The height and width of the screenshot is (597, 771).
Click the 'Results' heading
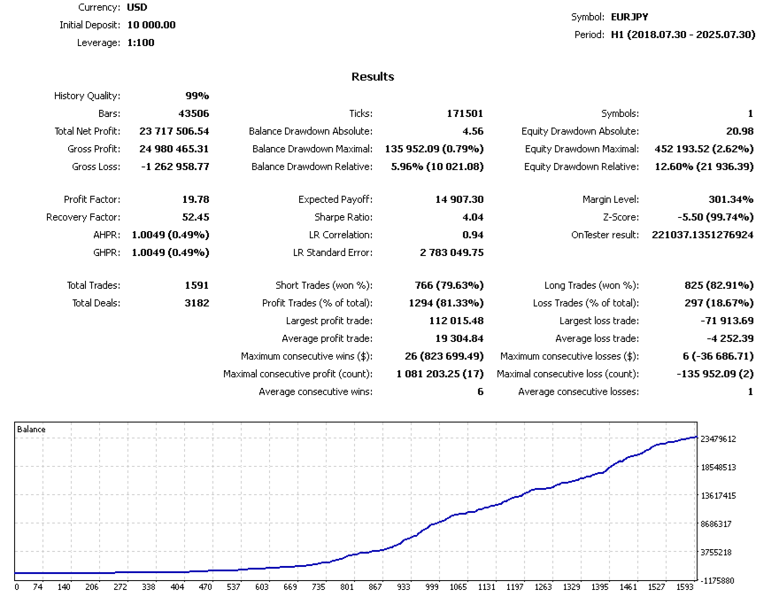coord(373,77)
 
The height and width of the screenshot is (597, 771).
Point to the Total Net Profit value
coord(173,131)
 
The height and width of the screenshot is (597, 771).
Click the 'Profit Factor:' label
coord(92,199)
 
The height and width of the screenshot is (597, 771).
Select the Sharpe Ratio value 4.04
coord(471,217)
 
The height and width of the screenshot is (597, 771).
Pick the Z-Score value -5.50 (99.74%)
coord(709,217)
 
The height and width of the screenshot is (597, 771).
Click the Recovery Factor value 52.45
coord(194,217)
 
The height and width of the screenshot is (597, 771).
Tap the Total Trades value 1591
coord(195,285)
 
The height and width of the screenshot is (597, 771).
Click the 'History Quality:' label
coord(87,96)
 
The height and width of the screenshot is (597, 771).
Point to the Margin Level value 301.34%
coord(730,199)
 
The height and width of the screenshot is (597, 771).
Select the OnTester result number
coord(702,235)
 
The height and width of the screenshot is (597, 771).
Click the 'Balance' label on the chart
coord(31,430)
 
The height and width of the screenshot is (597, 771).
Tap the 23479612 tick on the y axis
coord(718,438)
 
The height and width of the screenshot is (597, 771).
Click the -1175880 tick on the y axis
coord(718,580)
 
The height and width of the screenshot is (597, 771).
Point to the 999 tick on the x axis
coord(432,586)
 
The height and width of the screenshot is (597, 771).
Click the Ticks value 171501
coord(465,113)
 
